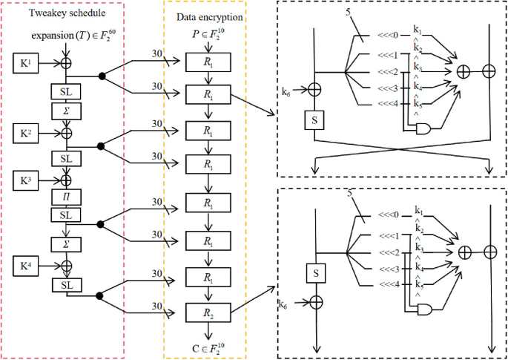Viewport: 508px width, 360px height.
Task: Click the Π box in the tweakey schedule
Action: click(65, 197)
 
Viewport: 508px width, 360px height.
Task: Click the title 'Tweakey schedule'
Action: click(66, 13)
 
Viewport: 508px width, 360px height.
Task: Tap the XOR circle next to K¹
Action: click(65, 63)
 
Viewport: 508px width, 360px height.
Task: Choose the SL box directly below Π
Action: click(65, 214)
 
